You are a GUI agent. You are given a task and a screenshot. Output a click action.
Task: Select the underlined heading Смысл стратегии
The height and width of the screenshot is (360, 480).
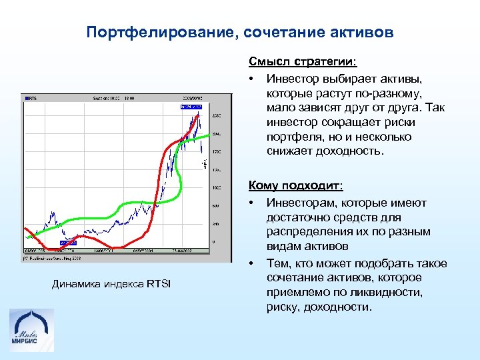point(303,62)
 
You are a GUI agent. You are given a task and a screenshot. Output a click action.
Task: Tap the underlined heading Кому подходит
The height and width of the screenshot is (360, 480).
point(295,185)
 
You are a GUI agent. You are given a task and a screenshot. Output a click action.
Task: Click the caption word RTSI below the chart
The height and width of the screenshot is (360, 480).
point(158,285)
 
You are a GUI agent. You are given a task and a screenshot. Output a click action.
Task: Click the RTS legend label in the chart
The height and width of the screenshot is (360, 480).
point(32,98)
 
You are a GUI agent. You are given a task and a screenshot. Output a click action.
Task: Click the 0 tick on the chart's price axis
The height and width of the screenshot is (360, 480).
point(214,241)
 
